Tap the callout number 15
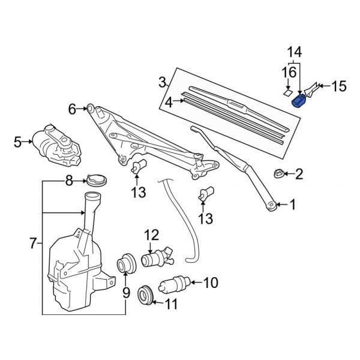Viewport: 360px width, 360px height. coord(339,87)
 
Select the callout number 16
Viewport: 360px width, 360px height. coord(289,73)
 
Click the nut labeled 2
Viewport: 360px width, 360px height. coord(278,174)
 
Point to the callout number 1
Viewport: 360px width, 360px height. coord(293,205)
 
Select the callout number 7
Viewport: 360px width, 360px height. coord(33,244)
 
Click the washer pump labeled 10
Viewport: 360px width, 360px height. coord(176,282)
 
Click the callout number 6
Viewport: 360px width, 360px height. coord(72,109)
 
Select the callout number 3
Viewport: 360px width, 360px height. coord(162,82)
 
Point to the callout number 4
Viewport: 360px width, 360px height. coord(169,103)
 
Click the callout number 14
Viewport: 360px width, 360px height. coord(293,52)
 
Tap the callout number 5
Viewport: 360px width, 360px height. coord(18,142)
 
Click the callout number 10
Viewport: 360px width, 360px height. coord(212,282)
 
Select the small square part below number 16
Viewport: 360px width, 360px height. coord(287,92)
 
